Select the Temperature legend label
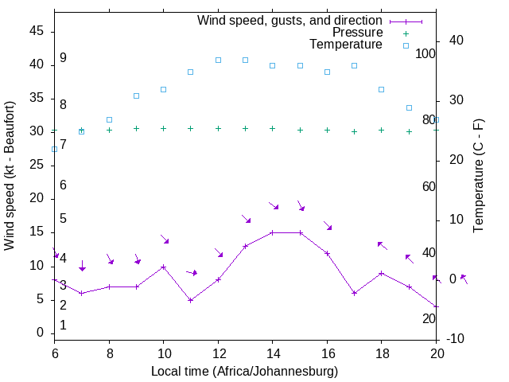click(346, 45)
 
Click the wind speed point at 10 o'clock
click(163, 267)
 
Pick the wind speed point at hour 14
click(272, 233)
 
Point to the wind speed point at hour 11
click(190, 300)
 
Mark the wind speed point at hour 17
click(354, 293)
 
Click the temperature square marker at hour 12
click(218, 60)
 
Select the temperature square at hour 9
click(136, 95)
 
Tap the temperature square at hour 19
click(409, 107)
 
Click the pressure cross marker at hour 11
click(190, 128)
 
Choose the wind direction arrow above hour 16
click(327, 226)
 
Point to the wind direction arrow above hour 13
click(246, 218)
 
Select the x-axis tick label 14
click(272, 353)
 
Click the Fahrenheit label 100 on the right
click(425, 53)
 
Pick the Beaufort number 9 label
click(63, 58)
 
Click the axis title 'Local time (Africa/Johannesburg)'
click(245, 371)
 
